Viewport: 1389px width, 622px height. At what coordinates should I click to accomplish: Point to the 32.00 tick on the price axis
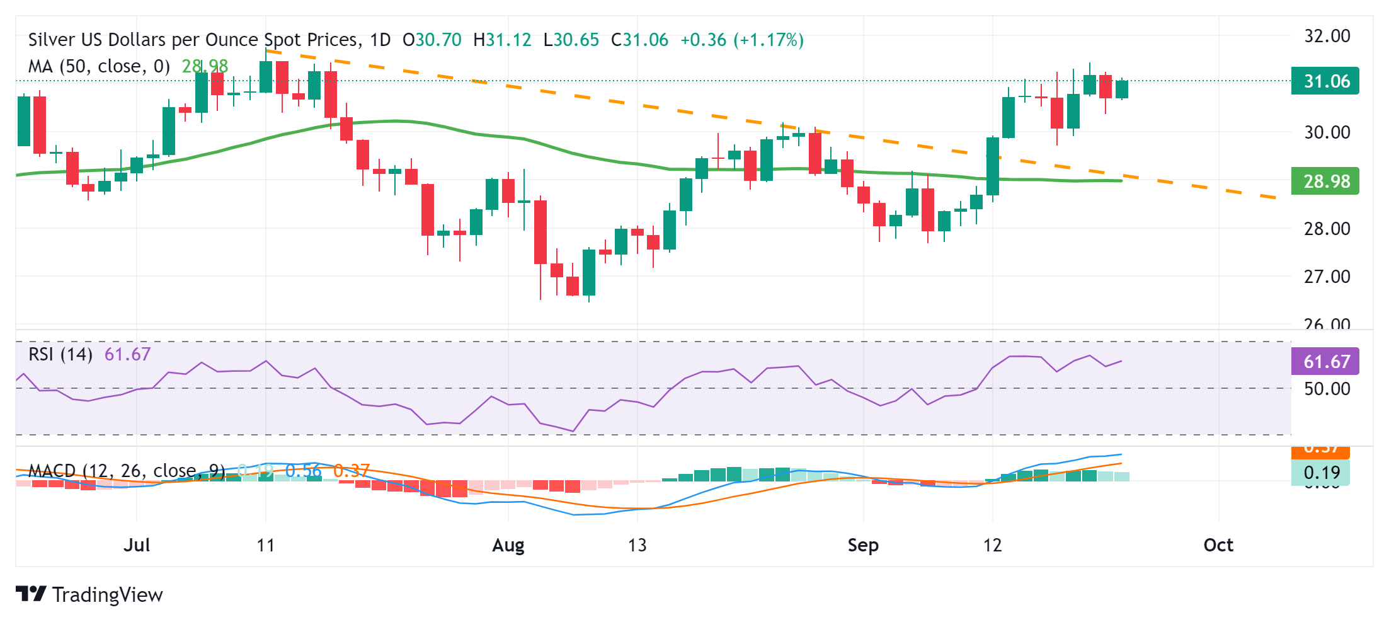[1327, 36]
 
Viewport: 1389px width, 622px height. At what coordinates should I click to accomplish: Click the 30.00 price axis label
[1327, 132]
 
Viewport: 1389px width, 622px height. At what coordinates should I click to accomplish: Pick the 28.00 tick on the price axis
[1327, 229]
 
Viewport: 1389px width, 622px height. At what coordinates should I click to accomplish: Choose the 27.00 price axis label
[1327, 277]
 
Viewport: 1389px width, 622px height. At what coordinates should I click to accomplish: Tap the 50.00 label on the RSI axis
[1327, 389]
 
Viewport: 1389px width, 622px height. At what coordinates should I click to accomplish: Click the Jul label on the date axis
[137, 545]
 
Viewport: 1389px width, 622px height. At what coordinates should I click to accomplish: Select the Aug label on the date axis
[508, 545]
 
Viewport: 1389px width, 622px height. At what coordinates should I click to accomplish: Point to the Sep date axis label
[862, 545]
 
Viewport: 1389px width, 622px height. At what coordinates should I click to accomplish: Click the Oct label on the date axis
[1218, 545]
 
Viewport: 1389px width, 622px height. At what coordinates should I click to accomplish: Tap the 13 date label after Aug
[637, 545]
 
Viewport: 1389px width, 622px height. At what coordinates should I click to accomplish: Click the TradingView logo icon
[31, 594]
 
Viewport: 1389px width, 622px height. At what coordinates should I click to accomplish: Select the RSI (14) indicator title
[60, 354]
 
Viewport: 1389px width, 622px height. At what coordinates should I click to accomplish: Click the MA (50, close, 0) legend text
[99, 66]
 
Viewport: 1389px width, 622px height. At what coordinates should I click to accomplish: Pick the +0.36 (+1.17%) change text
[741, 40]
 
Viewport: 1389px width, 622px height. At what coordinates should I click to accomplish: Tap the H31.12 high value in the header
[502, 40]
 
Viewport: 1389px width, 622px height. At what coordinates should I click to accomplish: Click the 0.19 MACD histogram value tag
[1320, 473]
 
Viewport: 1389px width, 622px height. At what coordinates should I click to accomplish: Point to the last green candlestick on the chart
[1121, 89]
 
